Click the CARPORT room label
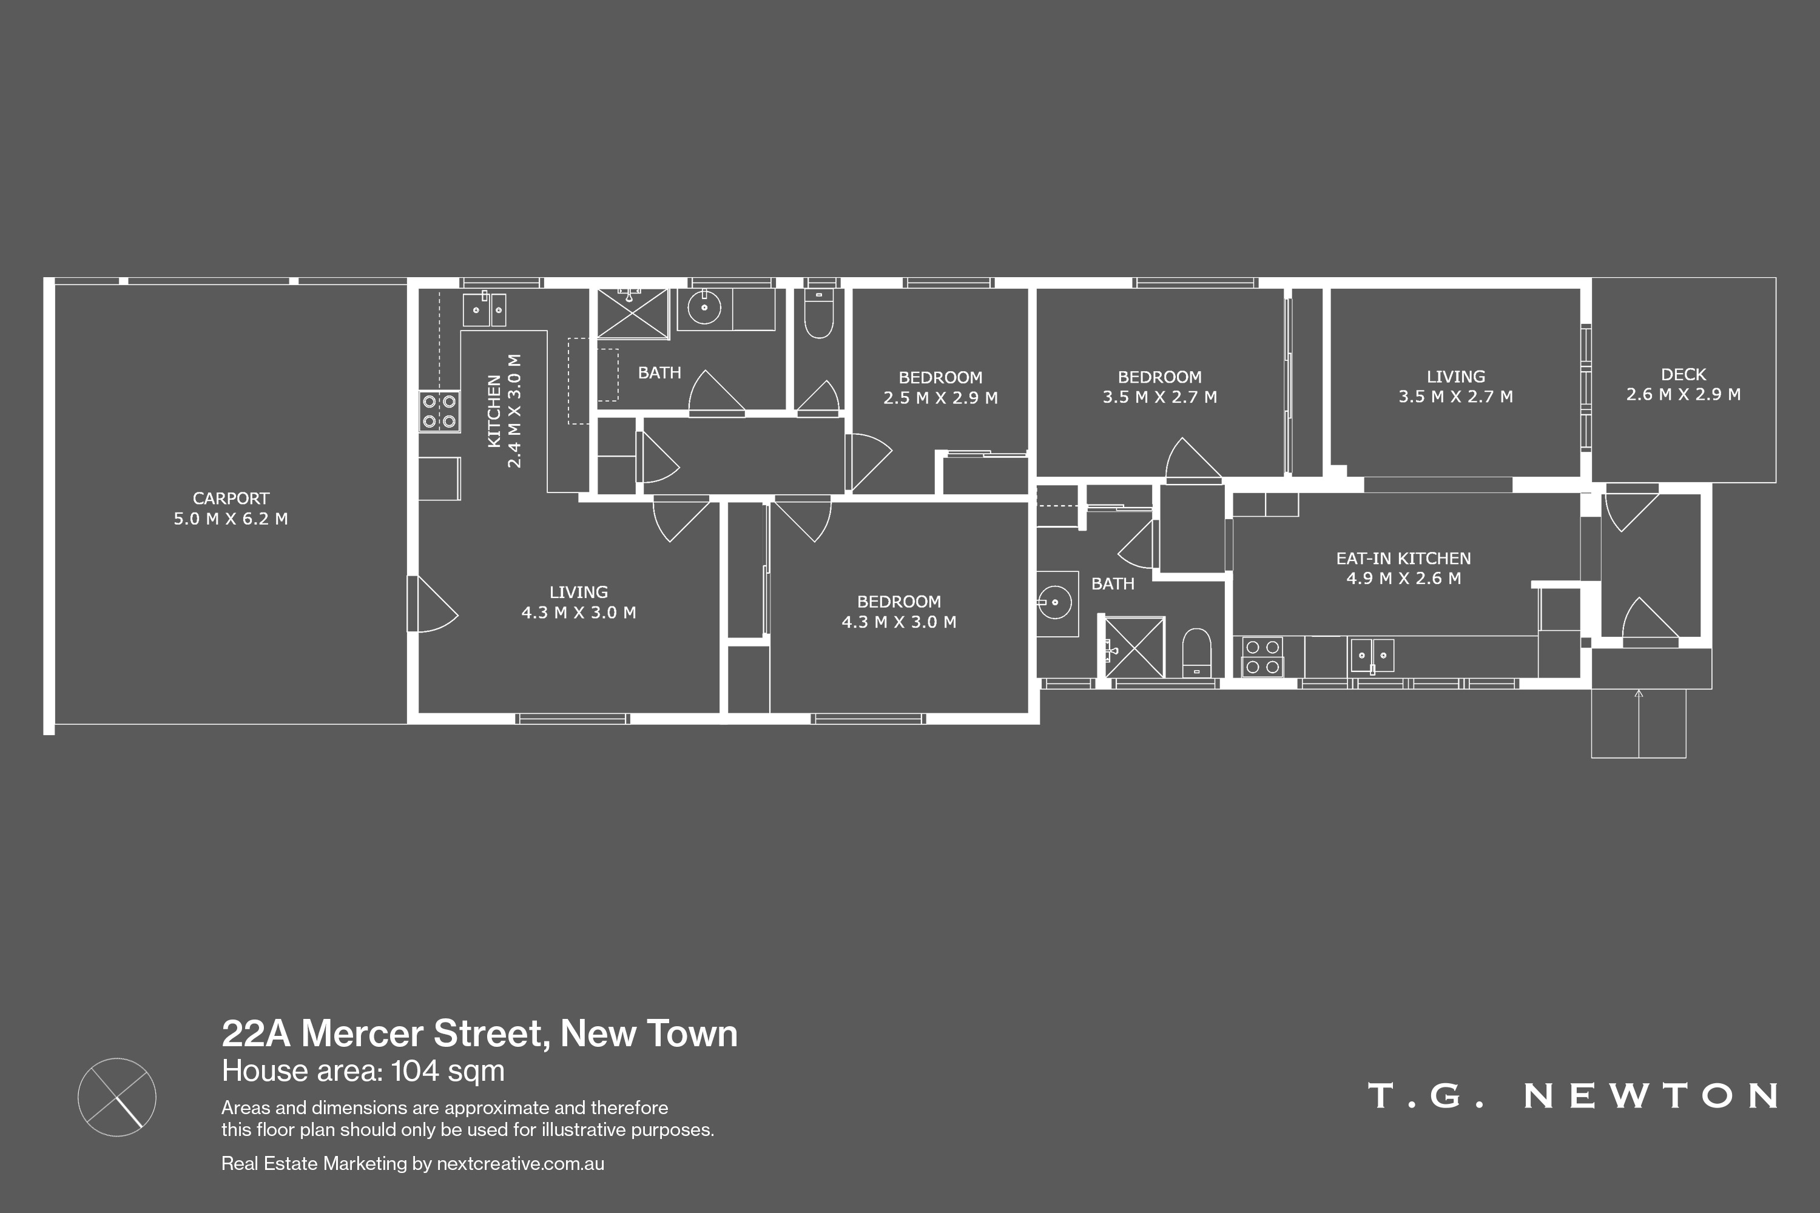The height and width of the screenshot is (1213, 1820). (231, 498)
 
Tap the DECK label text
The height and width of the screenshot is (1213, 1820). (1683, 374)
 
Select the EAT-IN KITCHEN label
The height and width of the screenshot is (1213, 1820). (1403, 558)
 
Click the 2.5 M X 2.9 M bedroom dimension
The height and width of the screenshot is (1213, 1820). (940, 398)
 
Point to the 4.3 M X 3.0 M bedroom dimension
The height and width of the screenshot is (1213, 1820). (898, 622)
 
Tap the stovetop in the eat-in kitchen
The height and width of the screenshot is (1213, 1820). (1262, 657)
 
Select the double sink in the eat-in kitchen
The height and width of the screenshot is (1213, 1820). (1372, 655)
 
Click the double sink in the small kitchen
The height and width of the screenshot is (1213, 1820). (484, 309)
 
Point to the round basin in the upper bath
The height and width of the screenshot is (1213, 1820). (704, 308)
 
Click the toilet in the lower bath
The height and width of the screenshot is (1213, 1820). (1196, 651)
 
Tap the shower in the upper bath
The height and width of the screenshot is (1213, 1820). (632, 314)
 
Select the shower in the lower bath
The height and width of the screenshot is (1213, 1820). (1134, 647)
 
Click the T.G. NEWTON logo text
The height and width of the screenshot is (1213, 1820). (1572, 1095)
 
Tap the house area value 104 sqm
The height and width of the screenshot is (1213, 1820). (447, 1072)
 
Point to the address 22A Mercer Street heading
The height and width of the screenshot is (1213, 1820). (480, 1033)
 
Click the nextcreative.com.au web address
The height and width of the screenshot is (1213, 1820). (520, 1163)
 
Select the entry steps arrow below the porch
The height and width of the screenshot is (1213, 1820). (1638, 724)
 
